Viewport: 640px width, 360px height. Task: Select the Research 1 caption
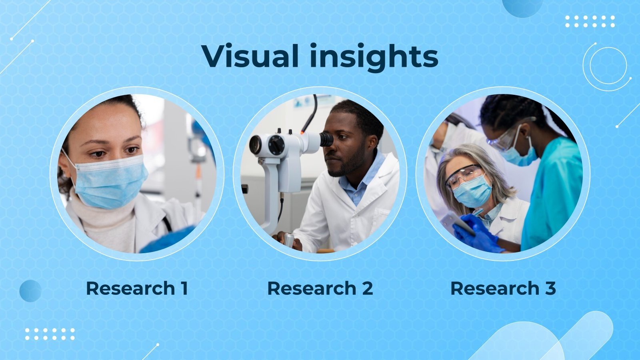point(137,288)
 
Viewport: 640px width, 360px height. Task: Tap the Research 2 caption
point(320,288)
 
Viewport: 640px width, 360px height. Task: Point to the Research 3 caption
point(503,288)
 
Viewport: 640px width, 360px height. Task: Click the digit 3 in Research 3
point(550,288)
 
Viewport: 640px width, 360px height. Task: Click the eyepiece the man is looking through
point(326,140)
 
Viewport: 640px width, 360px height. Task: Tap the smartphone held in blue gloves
point(456,222)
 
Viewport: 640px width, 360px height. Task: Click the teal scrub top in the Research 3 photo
point(554,192)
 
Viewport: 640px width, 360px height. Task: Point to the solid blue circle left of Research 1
point(30,291)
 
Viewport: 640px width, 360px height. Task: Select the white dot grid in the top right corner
point(590,22)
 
